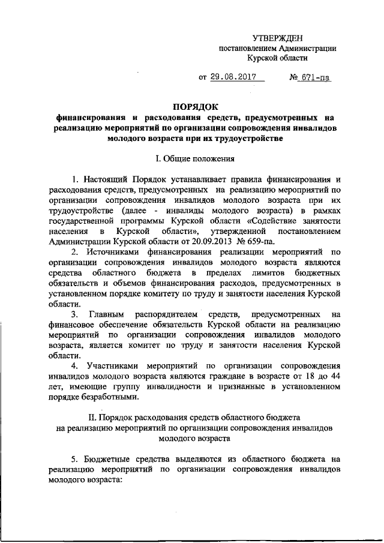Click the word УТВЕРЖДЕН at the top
(x=278, y=38)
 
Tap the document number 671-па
(x=316, y=77)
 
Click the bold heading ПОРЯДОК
(x=192, y=107)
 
